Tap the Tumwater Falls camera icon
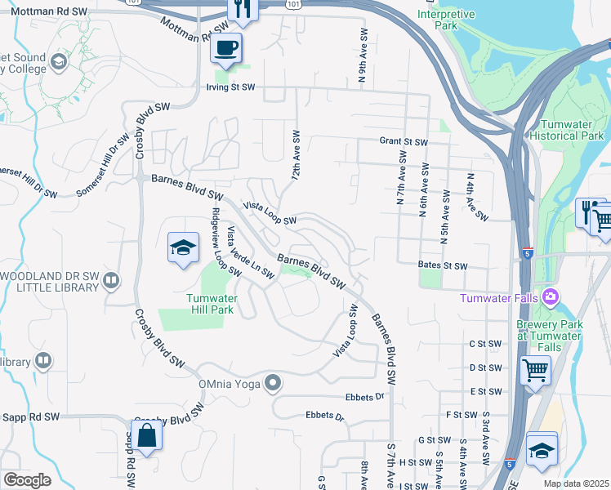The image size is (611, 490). point(551,295)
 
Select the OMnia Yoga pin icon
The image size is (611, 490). point(274,382)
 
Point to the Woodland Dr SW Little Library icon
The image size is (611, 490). point(112,281)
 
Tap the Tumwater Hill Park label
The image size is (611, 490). point(212,304)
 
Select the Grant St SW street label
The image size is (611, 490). point(404,141)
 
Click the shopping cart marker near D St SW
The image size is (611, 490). point(535,369)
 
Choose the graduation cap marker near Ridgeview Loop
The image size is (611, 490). point(184,248)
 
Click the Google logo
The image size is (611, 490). point(26,480)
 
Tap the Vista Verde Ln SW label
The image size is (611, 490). point(250,252)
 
